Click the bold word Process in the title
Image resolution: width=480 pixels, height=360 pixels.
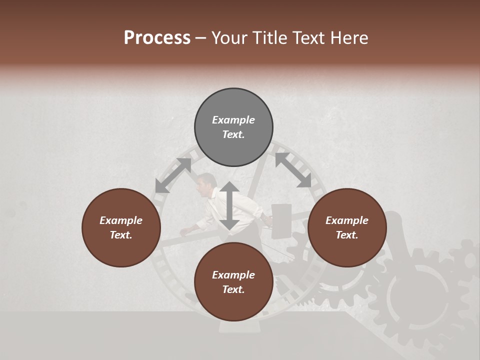point(157,37)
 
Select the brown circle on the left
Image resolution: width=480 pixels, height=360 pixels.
point(121,228)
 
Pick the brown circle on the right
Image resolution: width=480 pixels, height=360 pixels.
point(347,228)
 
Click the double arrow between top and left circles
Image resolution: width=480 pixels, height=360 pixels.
point(173,175)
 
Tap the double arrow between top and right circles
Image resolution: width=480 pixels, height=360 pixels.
point(293,170)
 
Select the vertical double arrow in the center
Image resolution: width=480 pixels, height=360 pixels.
point(229,206)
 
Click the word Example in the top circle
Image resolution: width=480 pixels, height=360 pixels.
point(233,120)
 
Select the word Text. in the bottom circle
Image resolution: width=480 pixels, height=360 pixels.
point(233,289)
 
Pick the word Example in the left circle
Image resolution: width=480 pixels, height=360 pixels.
point(121,220)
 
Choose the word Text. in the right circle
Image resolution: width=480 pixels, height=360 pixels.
point(347,235)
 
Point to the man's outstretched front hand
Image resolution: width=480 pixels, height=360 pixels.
point(184,230)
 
